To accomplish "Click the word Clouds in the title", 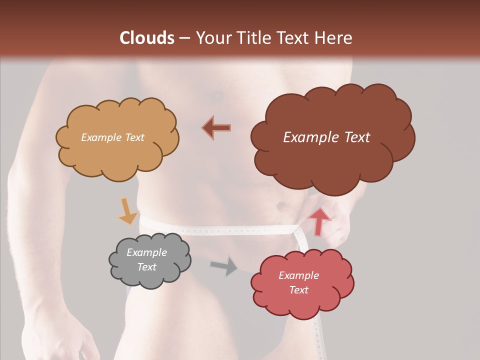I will [x=147, y=38].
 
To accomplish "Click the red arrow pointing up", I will [x=319, y=221].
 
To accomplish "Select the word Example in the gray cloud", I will [x=146, y=252].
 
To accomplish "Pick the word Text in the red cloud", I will [x=298, y=290].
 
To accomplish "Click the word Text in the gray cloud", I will [x=146, y=267].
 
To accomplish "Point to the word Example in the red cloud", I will [x=298, y=275].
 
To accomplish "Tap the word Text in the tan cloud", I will [x=134, y=137].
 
